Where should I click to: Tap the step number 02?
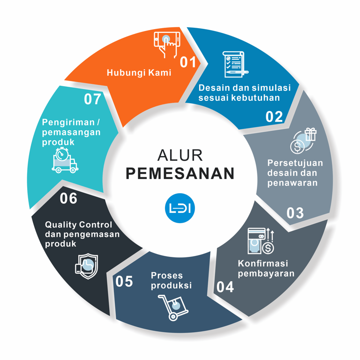click(x=274, y=116)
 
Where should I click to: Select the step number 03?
click(x=295, y=212)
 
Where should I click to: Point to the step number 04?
click(x=225, y=286)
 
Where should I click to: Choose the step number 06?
click(x=68, y=199)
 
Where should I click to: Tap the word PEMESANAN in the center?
click(x=180, y=173)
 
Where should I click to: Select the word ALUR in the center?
click(x=180, y=155)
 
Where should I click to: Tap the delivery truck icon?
click(x=65, y=160)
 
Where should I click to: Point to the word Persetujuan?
click(x=295, y=163)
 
